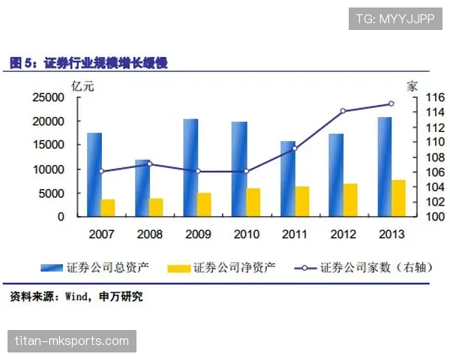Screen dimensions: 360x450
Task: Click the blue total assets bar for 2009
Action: tap(190, 167)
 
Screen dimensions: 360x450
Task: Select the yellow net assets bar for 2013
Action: tap(398, 198)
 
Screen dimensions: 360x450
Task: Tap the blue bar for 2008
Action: tap(142, 187)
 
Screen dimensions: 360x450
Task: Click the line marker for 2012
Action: tap(343, 111)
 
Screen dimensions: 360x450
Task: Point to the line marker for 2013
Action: tap(391, 103)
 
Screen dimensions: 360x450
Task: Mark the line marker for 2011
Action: tap(294, 148)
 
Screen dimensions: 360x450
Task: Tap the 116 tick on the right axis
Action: tap(416, 97)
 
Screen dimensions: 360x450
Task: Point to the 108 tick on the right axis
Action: tap(416, 157)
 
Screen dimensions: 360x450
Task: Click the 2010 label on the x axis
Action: tap(246, 234)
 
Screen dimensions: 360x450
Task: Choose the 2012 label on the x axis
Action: tap(343, 234)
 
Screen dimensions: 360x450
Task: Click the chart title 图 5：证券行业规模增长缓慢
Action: tap(88, 64)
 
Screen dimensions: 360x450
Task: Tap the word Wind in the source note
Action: tap(79, 297)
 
